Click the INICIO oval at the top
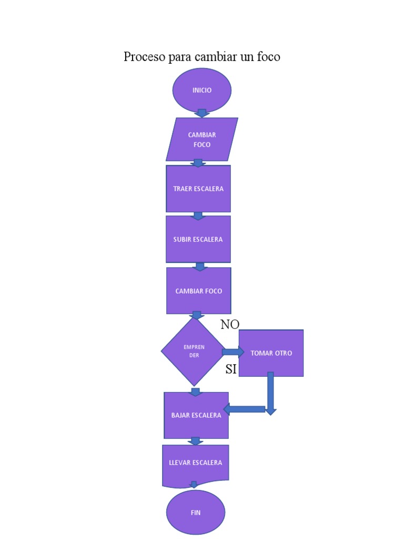coord(202,90)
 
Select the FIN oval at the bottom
coord(196,512)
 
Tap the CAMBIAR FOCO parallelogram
coord(201,139)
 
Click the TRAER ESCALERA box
coord(198,188)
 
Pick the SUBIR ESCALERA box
coord(198,239)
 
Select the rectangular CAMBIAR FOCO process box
coord(199,291)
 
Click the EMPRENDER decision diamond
coord(194,351)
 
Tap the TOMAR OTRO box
coord(271,353)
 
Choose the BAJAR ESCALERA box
coord(196,415)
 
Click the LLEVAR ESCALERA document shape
coord(195,463)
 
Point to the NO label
coord(230,325)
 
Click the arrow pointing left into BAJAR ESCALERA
coord(244,409)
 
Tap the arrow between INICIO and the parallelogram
coord(202,113)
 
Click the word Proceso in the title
coord(144,57)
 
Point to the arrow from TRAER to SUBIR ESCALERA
coord(198,215)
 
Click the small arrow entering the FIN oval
coord(194,485)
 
